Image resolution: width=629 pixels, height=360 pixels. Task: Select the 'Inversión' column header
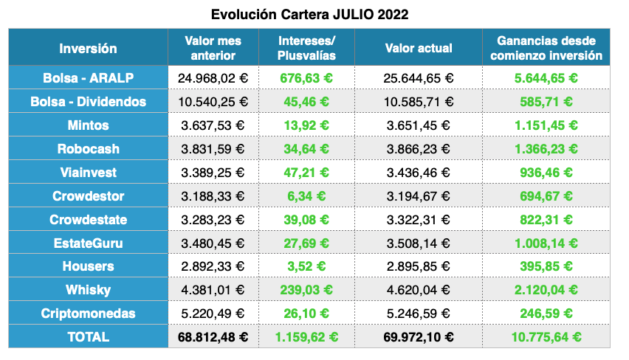tap(88, 48)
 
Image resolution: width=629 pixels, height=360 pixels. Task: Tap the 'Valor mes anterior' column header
tap(213, 48)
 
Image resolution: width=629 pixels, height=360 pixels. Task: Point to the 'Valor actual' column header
tap(419, 48)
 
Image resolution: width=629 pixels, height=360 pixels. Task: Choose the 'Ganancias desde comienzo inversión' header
tap(546, 48)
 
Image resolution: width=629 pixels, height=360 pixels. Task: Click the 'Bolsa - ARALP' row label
tap(88, 77)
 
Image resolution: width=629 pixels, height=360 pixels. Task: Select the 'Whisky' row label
tap(88, 289)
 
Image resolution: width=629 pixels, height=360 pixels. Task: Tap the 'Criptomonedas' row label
tap(88, 313)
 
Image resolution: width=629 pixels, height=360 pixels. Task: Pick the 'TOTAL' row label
tap(88, 336)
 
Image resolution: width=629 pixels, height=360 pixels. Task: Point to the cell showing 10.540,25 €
tap(213, 101)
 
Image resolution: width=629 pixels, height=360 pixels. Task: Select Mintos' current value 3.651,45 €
tap(419, 125)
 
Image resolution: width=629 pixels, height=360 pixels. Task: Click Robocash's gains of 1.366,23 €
tap(546, 148)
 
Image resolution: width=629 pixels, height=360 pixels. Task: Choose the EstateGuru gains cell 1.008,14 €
tap(546, 243)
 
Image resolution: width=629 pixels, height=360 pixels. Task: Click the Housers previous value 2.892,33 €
tap(213, 266)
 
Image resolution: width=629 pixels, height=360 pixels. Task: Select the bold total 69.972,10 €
tap(419, 337)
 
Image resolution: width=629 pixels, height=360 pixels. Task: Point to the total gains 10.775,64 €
tap(546, 337)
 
